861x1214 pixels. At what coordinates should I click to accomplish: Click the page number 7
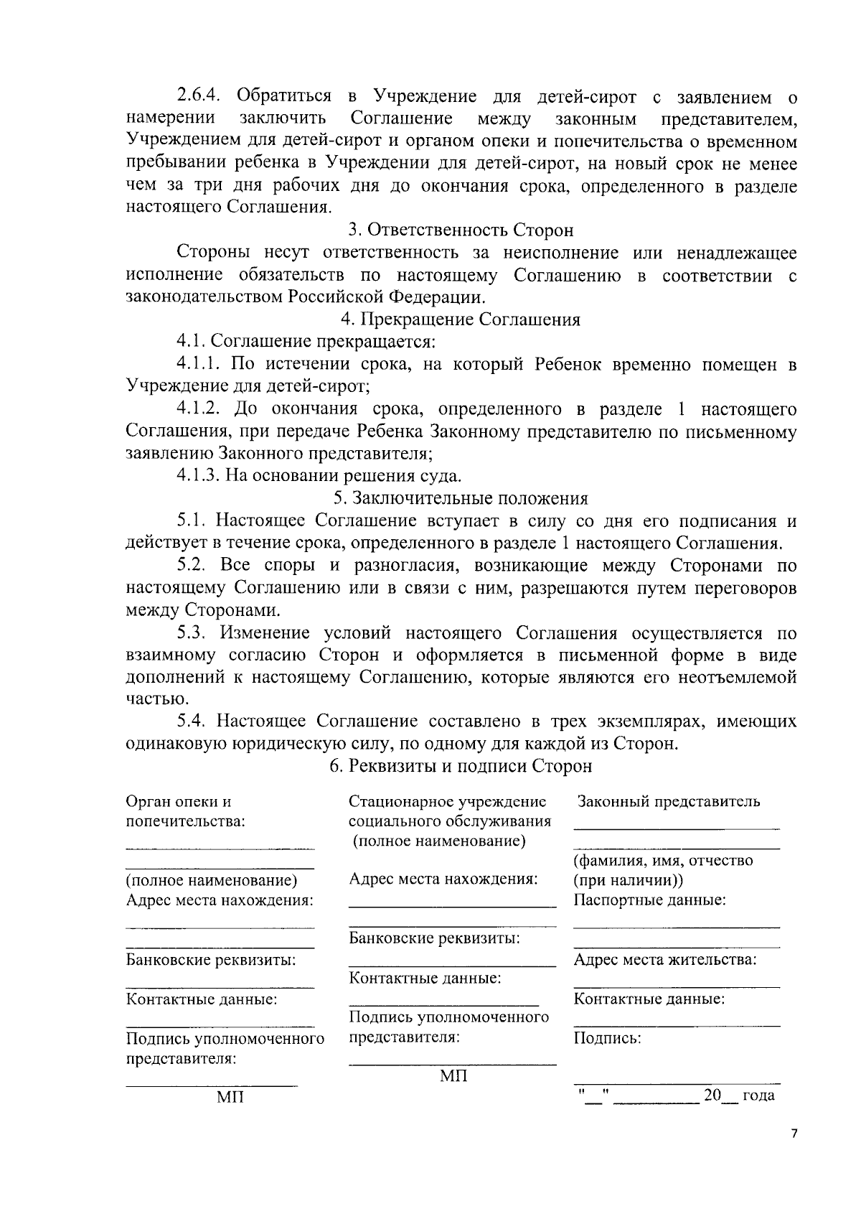(x=794, y=1134)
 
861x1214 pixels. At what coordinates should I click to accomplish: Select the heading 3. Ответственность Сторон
(x=461, y=230)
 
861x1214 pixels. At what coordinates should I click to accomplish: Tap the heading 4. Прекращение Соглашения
(x=461, y=319)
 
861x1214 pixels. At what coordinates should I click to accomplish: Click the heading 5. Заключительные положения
(x=461, y=498)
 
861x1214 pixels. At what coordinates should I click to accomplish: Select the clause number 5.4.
(x=193, y=721)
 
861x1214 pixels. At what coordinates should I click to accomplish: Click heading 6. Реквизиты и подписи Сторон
(x=461, y=766)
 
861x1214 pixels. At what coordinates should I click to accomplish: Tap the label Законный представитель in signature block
(x=669, y=802)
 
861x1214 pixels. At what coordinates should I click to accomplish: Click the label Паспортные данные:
(x=649, y=900)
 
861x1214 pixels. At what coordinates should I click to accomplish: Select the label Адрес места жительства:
(x=665, y=960)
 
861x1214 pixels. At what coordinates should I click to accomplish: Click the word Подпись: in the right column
(x=607, y=1038)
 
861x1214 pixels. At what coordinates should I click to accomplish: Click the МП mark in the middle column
(x=453, y=1075)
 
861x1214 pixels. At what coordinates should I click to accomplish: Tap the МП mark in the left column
(x=230, y=1098)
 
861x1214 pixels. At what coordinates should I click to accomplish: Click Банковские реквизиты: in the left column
(x=211, y=960)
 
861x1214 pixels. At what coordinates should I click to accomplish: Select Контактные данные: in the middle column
(x=425, y=978)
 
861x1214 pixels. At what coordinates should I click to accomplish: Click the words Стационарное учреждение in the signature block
(x=447, y=802)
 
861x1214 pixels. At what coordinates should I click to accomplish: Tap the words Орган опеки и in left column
(x=179, y=802)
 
